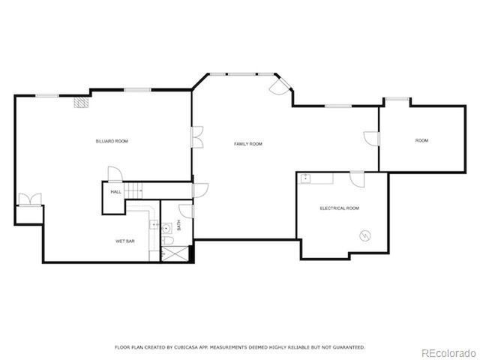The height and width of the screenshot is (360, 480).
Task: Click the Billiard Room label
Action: pyautogui.click(x=111, y=141)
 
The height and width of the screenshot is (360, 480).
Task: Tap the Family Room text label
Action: pyautogui.click(x=248, y=143)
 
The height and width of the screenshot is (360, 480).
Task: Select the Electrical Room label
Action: pyautogui.click(x=339, y=208)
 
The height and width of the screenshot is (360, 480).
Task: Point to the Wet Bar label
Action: pyautogui.click(x=124, y=241)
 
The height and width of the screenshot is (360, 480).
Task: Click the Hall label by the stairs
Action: pyautogui.click(x=116, y=192)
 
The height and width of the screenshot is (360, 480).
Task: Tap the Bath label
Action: pyautogui.click(x=179, y=224)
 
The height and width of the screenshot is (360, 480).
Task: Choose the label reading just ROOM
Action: pyautogui.click(x=421, y=140)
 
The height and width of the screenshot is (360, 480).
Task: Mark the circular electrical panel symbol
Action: pyautogui.click(x=366, y=235)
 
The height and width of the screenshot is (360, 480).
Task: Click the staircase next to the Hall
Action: pyautogui.click(x=134, y=191)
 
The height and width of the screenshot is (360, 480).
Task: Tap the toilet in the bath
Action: pyautogui.click(x=169, y=240)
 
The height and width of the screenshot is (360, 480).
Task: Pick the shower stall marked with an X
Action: pyautogui.click(x=171, y=253)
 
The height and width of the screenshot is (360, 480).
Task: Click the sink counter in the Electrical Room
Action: pyautogui.click(x=316, y=178)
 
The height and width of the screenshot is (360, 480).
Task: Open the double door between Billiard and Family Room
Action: pyautogui.click(x=196, y=139)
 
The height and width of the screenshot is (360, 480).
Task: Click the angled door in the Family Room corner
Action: pyautogui.click(x=277, y=86)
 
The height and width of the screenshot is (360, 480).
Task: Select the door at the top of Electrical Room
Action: pyautogui.click(x=357, y=179)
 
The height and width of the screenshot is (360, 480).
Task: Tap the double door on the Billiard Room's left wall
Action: pyautogui.click(x=30, y=199)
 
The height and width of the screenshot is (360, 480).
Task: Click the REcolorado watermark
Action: pyautogui.click(x=448, y=352)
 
